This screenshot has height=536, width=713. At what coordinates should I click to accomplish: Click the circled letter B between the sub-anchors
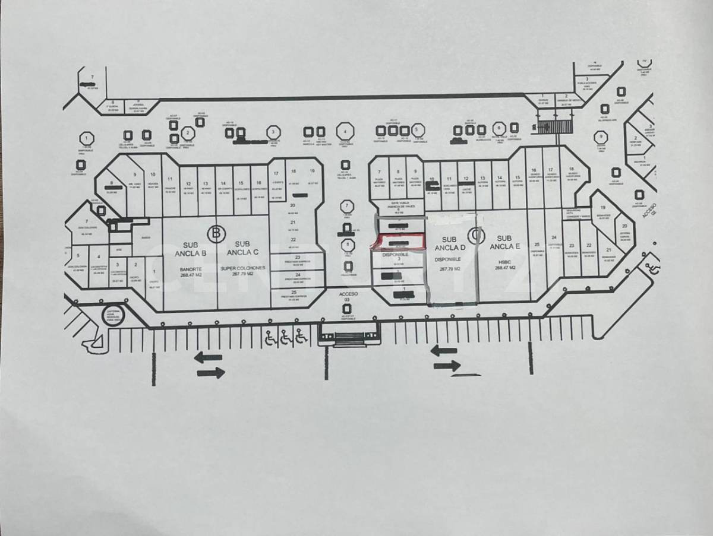(216, 233)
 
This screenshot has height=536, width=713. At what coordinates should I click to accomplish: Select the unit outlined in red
(399, 241)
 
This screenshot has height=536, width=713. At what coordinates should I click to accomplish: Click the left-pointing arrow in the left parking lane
(208, 357)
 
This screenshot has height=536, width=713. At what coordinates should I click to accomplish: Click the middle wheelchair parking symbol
(286, 337)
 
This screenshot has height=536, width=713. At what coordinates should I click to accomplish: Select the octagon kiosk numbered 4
(345, 131)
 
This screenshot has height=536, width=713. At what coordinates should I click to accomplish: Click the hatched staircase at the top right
(554, 126)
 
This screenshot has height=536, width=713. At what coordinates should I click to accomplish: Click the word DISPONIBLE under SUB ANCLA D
(449, 259)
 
